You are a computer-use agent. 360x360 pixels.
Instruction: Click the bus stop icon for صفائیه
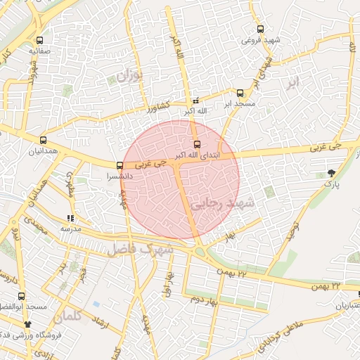(39, 41)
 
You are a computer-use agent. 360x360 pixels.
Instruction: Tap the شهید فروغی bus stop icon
(261, 30)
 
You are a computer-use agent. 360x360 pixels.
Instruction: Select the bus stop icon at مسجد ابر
(240, 93)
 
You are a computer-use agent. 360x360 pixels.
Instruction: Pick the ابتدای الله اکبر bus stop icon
(196, 144)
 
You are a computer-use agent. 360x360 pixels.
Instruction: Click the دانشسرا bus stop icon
(120, 166)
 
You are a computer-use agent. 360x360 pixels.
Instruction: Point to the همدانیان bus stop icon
(44, 140)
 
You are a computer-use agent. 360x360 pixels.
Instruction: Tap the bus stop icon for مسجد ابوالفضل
(22, 296)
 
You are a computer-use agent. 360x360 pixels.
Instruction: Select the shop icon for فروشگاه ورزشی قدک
(28, 324)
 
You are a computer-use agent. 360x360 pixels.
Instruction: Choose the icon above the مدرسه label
(70, 219)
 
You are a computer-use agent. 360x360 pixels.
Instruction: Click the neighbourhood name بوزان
(128, 77)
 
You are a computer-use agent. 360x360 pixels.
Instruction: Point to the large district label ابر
(292, 82)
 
